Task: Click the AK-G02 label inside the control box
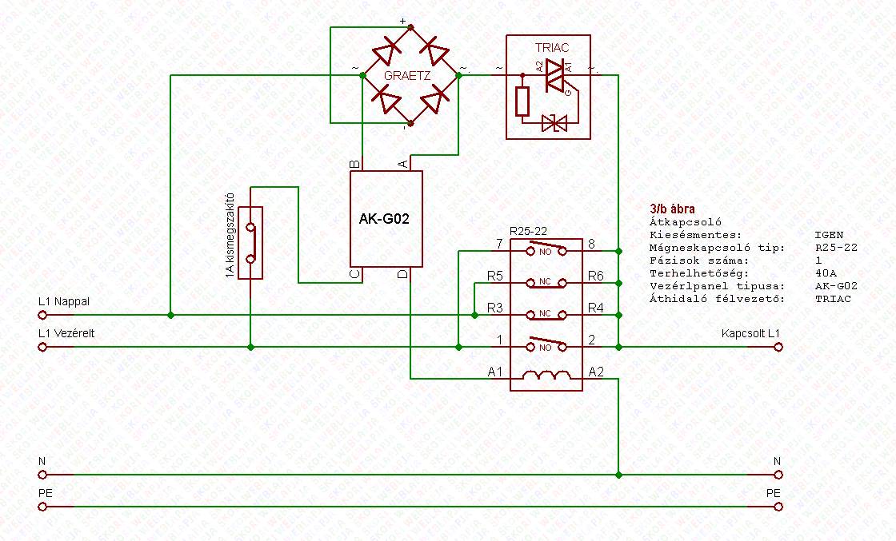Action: tap(385, 218)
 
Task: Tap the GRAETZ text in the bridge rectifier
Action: tap(408, 76)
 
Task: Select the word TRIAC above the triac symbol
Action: tap(551, 48)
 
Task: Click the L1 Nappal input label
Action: tap(64, 301)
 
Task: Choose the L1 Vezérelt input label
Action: tap(66, 333)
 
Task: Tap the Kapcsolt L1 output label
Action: tap(750, 332)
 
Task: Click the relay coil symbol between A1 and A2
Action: tap(546, 375)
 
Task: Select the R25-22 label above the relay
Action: tap(527, 230)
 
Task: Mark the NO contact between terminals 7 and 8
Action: tap(546, 250)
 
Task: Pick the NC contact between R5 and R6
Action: tap(546, 282)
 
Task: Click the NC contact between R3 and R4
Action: tap(546, 314)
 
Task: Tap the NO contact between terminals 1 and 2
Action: tap(546, 346)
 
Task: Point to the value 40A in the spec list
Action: tap(823, 273)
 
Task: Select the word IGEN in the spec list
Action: tap(828, 235)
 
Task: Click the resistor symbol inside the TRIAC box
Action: tap(522, 101)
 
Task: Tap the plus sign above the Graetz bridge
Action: tap(403, 22)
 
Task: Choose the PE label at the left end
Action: tap(45, 494)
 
